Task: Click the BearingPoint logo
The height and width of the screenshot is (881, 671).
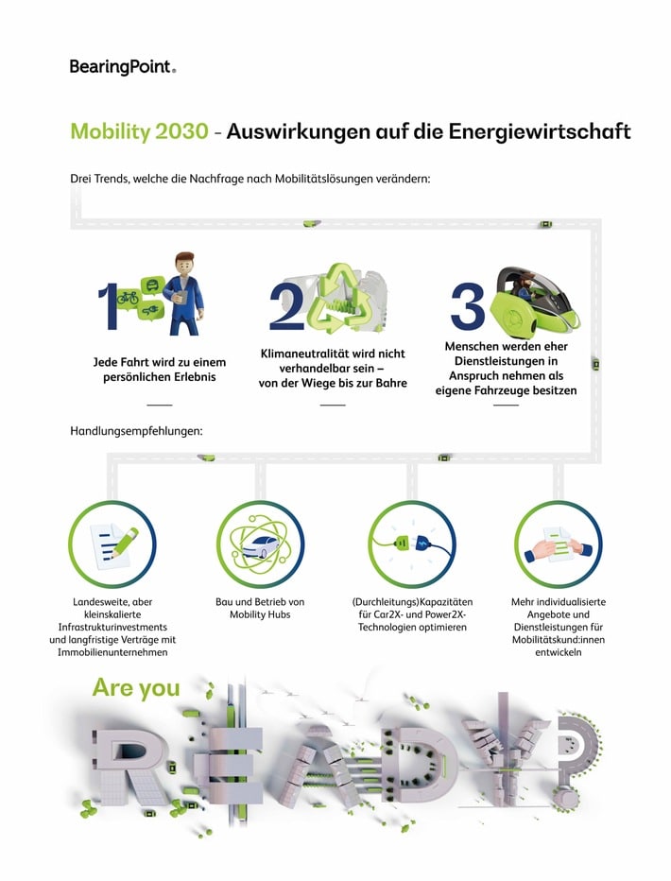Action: tap(122, 66)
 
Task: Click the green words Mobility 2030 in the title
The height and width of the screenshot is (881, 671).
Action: tap(138, 131)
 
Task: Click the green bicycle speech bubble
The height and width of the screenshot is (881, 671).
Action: tap(129, 298)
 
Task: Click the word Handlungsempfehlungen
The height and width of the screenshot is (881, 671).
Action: tap(136, 432)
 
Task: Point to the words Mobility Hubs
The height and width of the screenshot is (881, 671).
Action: tap(260, 614)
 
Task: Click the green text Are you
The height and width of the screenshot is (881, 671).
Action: tap(135, 687)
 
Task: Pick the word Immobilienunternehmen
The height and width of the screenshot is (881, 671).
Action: tap(112, 652)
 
